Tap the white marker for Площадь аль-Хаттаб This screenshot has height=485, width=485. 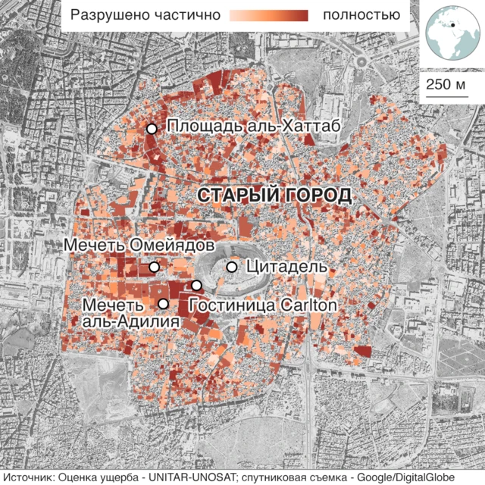point(152,129)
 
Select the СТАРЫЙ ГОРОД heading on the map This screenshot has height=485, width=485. point(274,195)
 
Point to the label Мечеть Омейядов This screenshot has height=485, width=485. point(135,246)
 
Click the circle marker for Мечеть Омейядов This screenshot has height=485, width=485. point(155,267)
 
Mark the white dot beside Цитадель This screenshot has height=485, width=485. point(232,267)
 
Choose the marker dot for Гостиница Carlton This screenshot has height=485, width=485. point(196,285)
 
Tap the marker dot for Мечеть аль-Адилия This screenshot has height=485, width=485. point(162,304)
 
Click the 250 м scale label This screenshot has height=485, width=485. point(446,83)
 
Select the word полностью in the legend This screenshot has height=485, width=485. point(361,15)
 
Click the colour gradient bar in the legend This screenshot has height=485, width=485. point(269,15)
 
